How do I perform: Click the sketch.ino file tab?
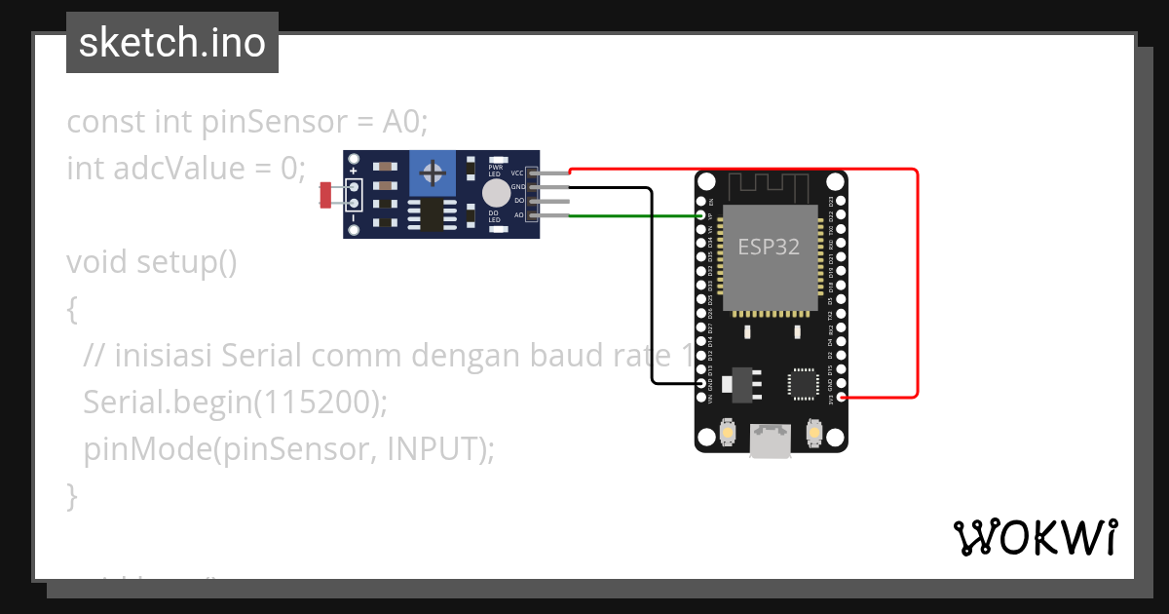pos(172,43)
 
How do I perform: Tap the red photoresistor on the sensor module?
pos(325,195)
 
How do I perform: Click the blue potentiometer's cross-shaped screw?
pos(434,175)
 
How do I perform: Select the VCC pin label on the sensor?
pos(517,173)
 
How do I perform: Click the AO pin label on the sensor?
pos(519,214)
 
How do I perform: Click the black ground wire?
pos(650,292)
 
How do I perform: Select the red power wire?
pos(917,283)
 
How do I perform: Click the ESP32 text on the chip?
pos(769,247)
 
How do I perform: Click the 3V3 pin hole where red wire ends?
pos(841,398)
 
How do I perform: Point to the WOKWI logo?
pos(1035,537)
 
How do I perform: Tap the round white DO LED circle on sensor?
pos(496,192)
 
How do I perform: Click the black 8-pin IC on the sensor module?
pos(429,215)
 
